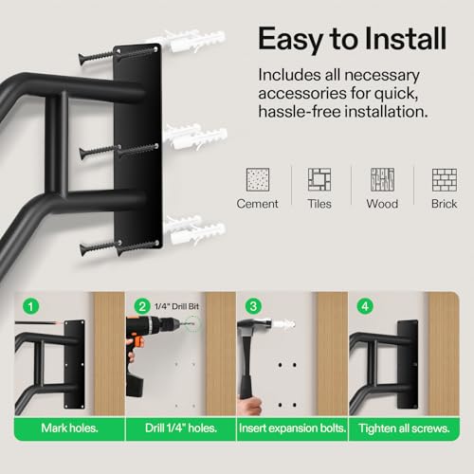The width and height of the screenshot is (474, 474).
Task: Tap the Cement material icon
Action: pyautogui.click(x=256, y=180)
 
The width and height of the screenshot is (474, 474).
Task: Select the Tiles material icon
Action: pyautogui.click(x=319, y=180)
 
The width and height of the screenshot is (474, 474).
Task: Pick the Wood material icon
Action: pyautogui.click(x=381, y=180)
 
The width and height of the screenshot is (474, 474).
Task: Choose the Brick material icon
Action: pyautogui.click(x=443, y=180)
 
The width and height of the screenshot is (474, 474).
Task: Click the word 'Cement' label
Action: pyautogui.click(x=257, y=204)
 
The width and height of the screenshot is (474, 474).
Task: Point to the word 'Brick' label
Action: pyautogui.click(x=443, y=204)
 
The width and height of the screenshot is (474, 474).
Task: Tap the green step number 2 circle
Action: pyautogui.click(x=141, y=306)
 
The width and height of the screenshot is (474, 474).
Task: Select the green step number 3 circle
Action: pyautogui.click(x=252, y=306)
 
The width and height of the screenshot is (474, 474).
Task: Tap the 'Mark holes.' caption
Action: pyautogui.click(x=68, y=428)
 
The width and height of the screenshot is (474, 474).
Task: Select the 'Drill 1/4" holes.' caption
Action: pyautogui.click(x=179, y=428)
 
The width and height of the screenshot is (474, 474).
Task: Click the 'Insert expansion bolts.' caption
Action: pyautogui.click(x=291, y=428)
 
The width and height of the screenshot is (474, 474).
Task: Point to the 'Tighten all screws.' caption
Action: pyautogui.click(x=404, y=428)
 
